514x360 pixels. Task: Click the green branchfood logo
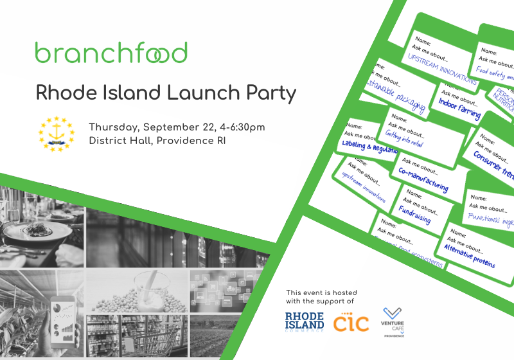(111, 52)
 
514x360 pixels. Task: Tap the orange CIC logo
(351, 322)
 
